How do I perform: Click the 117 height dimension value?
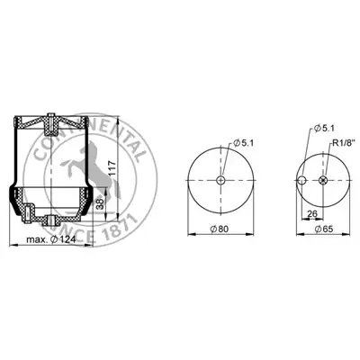tap(111, 169)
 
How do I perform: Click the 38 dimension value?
tap(101, 204)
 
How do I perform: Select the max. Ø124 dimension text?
tap(50, 239)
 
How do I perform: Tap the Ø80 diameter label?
tap(219, 229)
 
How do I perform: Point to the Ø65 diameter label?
tap(324, 229)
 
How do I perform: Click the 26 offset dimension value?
tap(312, 213)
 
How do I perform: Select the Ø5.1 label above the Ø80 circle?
tap(243, 143)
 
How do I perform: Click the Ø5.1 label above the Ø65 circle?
tap(324, 129)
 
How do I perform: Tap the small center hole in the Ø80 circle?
tap(220, 180)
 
